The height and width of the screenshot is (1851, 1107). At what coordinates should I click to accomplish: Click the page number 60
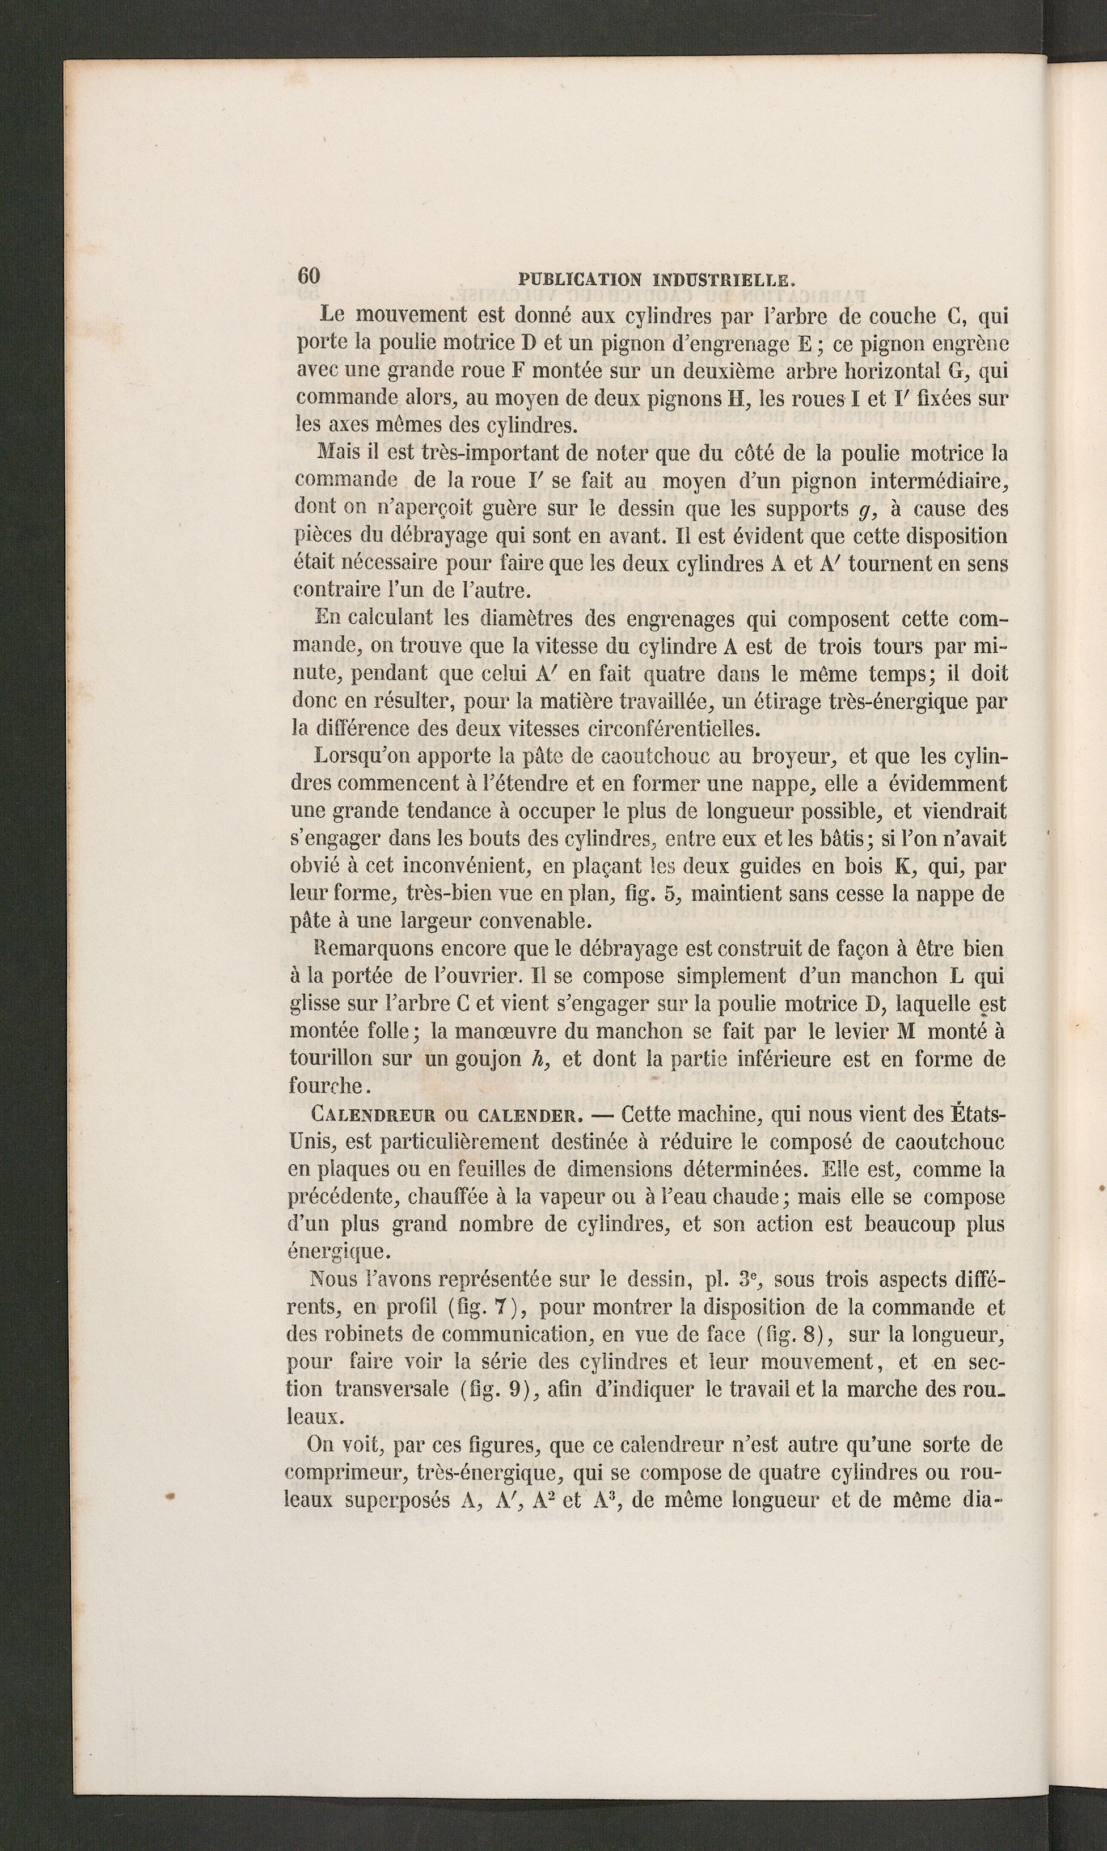309,275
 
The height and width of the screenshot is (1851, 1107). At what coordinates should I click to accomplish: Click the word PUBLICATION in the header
577,280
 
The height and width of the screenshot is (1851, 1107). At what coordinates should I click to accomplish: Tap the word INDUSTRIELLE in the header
721,280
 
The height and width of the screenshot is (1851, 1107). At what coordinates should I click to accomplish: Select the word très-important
430,453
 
